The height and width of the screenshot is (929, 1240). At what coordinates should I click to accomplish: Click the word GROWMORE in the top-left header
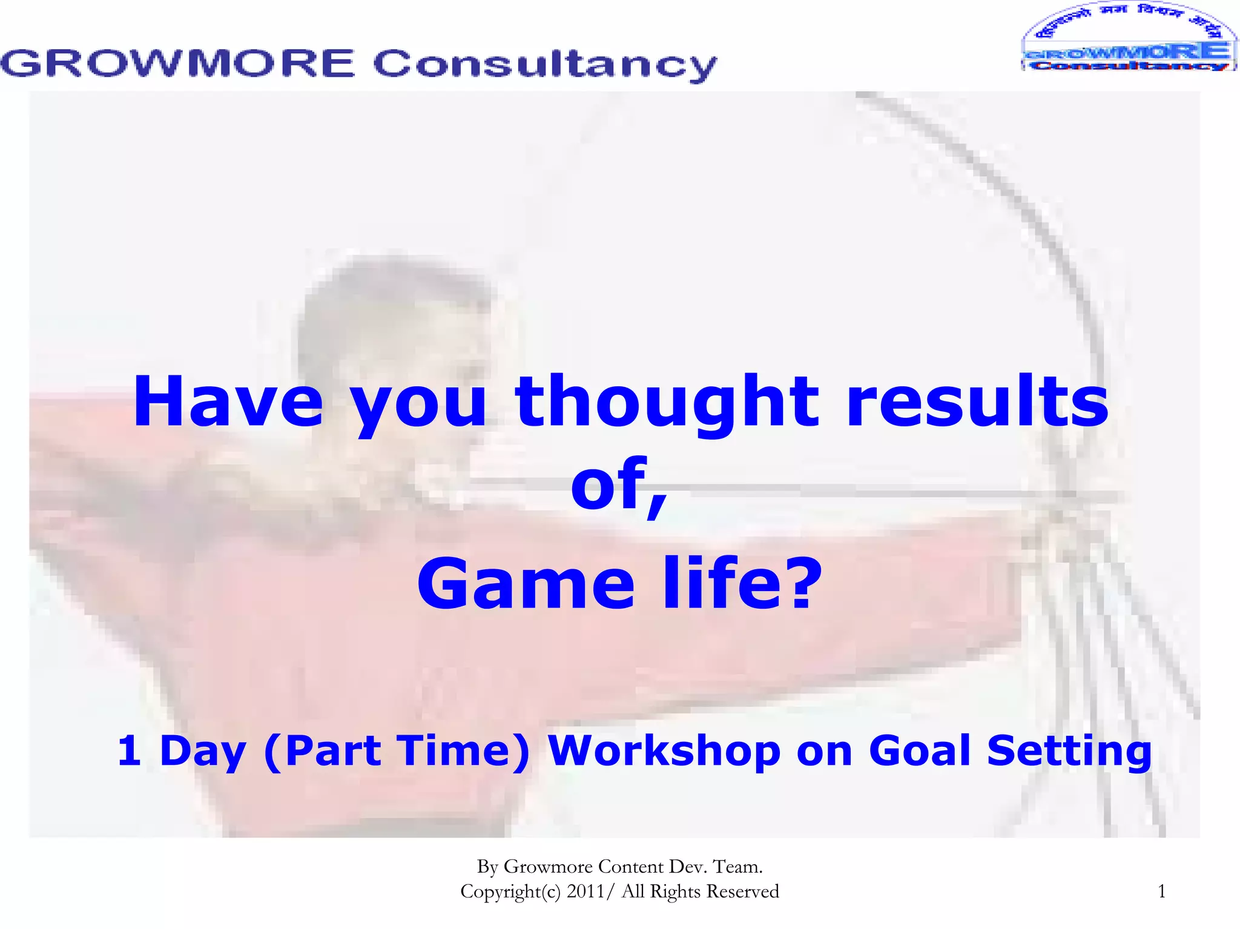(x=177, y=64)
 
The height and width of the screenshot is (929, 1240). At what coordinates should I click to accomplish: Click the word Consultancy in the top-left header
(x=545, y=65)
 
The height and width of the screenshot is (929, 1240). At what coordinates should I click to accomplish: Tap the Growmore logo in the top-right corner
(x=1129, y=38)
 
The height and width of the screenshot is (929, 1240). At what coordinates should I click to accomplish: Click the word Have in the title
(x=228, y=402)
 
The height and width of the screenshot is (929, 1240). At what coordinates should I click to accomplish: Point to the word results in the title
(x=977, y=402)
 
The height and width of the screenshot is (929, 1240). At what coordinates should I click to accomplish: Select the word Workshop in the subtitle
(x=664, y=750)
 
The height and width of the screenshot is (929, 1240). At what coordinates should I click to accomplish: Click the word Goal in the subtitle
(x=920, y=750)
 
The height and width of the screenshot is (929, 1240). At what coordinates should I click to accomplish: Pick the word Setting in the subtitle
(x=1069, y=752)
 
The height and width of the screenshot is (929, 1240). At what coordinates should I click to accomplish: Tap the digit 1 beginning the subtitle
(x=129, y=750)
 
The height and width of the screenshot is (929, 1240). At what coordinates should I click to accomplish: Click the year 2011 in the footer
(x=585, y=891)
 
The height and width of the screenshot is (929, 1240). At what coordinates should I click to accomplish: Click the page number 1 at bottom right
(x=1161, y=891)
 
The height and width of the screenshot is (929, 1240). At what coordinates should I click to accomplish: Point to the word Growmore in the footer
(x=548, y=867)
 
